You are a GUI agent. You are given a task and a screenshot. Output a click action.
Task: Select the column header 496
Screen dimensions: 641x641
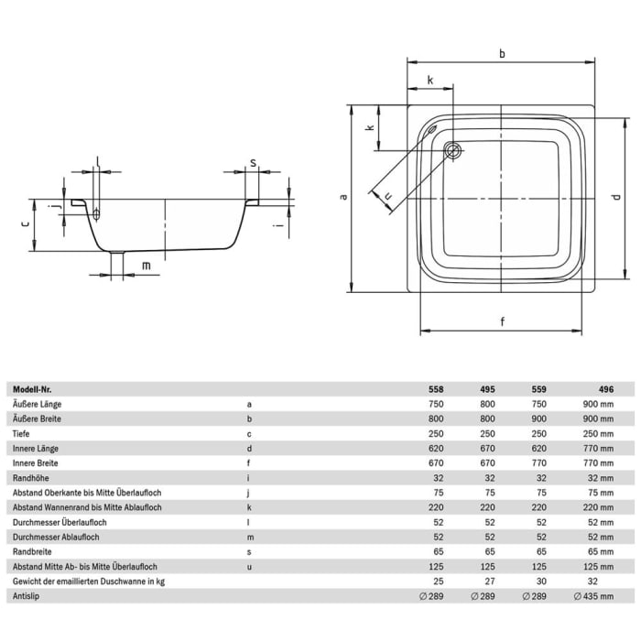[x=605, y=388]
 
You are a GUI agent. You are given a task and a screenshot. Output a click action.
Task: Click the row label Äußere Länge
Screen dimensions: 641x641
[x=38, y=403]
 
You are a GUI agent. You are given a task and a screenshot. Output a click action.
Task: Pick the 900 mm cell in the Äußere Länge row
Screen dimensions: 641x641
[x=600, y=403]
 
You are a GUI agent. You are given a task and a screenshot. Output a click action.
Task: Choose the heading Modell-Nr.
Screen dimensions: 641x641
[x=33, y=388]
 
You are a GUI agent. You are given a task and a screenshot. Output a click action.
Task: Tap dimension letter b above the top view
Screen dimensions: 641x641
[x=503, y=54]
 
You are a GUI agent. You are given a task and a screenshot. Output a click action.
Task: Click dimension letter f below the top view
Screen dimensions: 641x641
[x=503, y=320]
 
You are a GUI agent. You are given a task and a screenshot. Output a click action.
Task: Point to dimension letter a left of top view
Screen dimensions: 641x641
[x=342, y=195]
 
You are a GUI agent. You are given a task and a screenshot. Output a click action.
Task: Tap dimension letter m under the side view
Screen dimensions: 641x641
[x=145, y=266]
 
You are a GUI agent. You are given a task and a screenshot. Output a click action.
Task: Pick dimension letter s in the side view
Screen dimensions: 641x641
[x=252, y=164]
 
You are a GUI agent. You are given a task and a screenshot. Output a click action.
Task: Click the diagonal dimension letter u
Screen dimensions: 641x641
[x=388, y=194]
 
